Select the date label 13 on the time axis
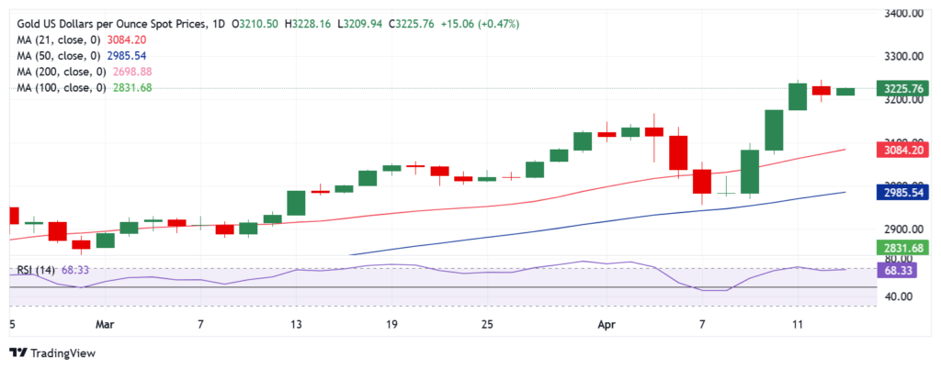(296, 324)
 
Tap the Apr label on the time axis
(606, 324)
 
